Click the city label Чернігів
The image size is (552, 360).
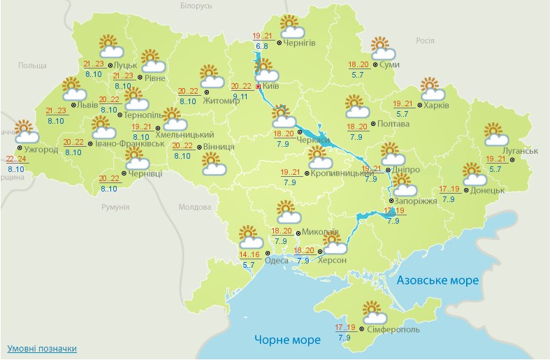pos(300,43)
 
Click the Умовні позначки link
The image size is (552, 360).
pos(42,348)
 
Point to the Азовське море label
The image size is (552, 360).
pos(437,280)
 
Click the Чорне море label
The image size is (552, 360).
pos(287,340)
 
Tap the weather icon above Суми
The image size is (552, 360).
pos(382,48)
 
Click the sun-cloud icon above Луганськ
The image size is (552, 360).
pos(496,134)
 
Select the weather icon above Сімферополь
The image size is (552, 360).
pos(373,310)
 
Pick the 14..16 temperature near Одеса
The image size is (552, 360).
pos(249,254)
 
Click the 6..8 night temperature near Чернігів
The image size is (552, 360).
pos(261,46)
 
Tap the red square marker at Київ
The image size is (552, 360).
pos(259,86)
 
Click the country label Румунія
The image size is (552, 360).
pos(115,208)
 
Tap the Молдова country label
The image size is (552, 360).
pos(194,208)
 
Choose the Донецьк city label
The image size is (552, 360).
pos(488,189)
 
